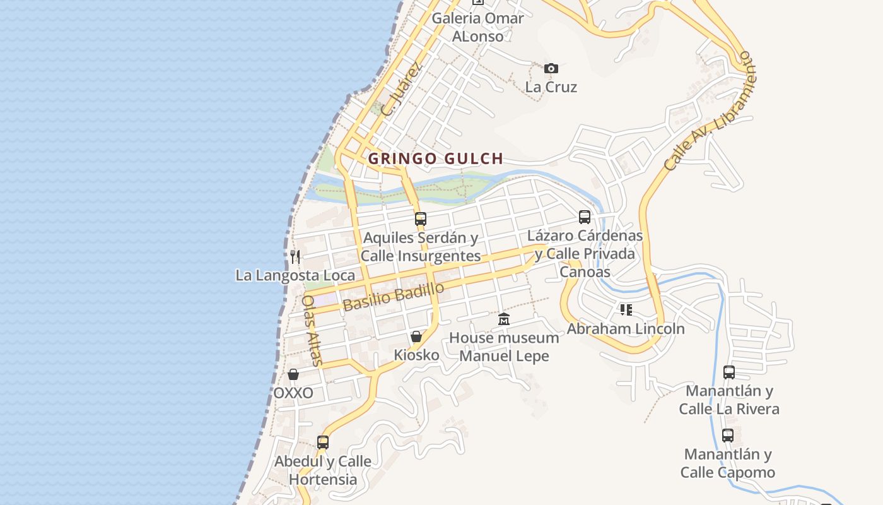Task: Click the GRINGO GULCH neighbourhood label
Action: tap(435, 158)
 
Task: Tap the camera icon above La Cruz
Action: tap(551, 68)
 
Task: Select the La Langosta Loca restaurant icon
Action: tap(295, 256)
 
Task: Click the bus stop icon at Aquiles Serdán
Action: tap(421, 219)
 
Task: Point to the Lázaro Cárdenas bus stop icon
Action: tap(585, 217)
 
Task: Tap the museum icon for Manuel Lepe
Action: tap(503, 319)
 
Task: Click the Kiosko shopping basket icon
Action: tap(416, 336)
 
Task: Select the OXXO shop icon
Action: tap(293, 375)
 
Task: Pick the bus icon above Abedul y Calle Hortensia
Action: tap(323, 443)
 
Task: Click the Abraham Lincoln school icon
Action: tap(626, 310)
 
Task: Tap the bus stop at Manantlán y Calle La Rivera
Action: tap(729, 372)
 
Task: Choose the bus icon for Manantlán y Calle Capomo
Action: tap(728, 436)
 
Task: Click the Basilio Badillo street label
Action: tap(394, 297)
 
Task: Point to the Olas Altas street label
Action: tap(313, 330)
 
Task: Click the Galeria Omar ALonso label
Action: tap(478, 27)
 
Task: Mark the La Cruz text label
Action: tap(551, 87)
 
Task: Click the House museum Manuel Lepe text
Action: tap(504, 347)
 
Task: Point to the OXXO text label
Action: tap(293, 393)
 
